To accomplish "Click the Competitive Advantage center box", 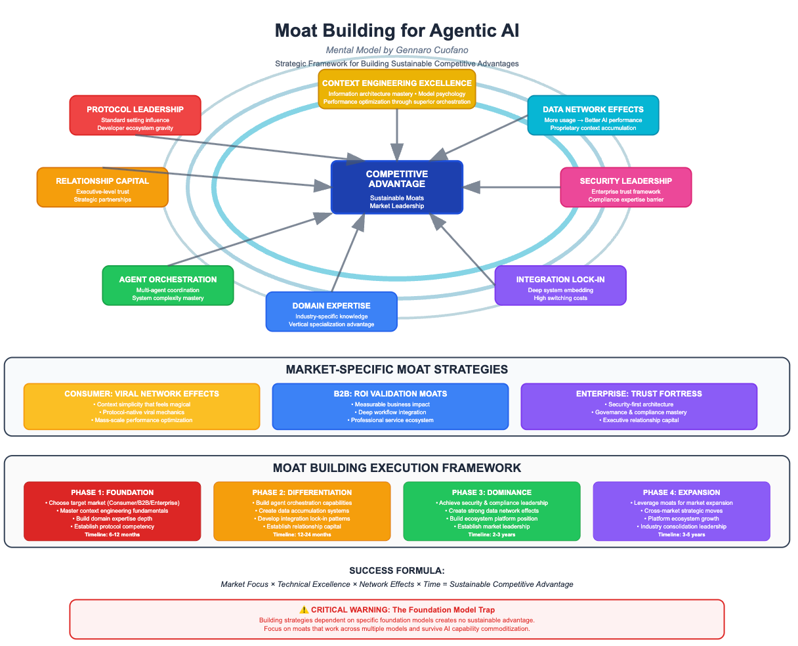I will click(x=397, y=187).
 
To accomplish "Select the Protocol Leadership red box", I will click(x=135, y=116).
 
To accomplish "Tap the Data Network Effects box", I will click(x=593, y=116).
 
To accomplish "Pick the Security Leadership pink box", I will click(x=625, y=187).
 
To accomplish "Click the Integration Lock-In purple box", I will click(x=560, y=286).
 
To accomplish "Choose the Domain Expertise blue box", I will click(x=331, y=312).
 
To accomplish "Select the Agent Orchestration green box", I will click(x=168, y=286).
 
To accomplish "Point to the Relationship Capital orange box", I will click(x=102, y=188).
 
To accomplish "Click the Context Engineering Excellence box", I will click(x=397, y=89).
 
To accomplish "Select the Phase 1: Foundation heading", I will click(x=112, y=492).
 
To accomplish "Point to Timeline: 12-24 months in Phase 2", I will click(x=302, y=534).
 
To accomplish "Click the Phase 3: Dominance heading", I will click(x=492, y=492).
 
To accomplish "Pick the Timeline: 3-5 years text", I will click(x=681, y=534).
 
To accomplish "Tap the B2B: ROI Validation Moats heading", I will click(x=390, y=394).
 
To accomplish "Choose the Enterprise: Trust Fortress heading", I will click(x=639, y=394).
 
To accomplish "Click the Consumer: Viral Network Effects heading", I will click(x=142, y=394).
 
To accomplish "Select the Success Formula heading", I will click(x=397, y=571).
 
